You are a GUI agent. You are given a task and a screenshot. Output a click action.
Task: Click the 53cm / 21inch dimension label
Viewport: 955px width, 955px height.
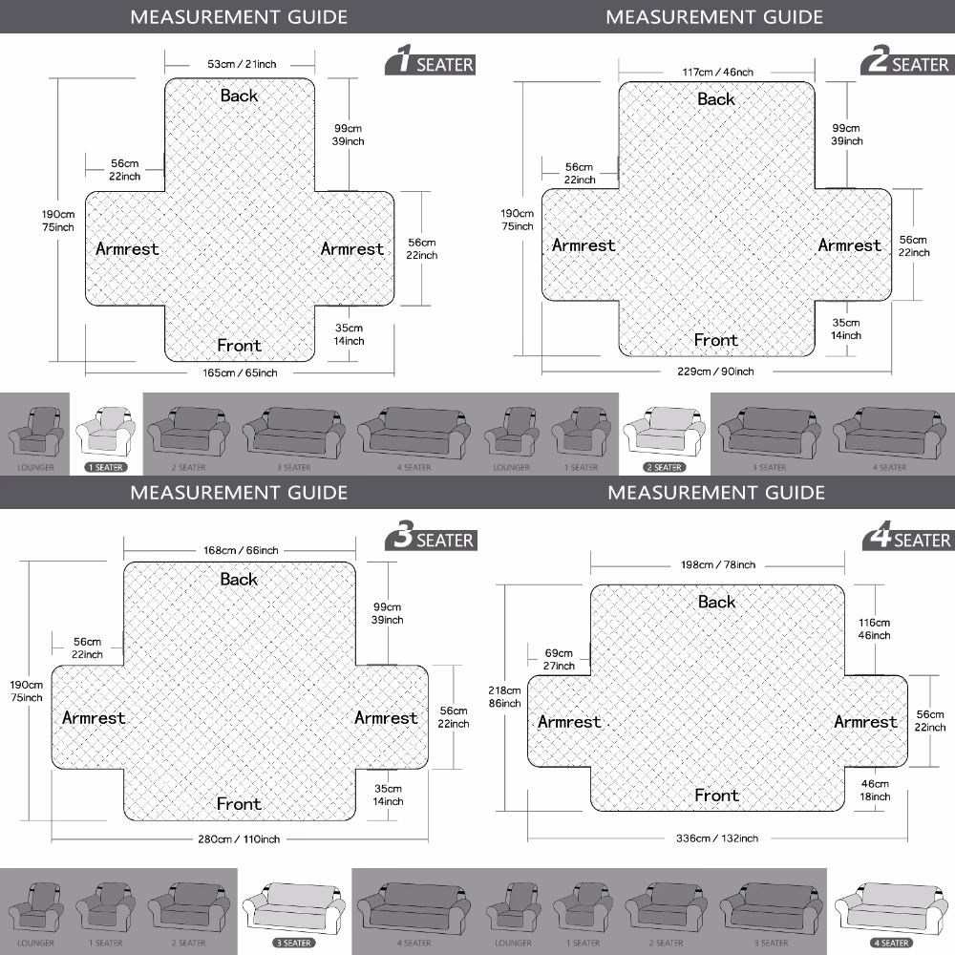pos(242,64)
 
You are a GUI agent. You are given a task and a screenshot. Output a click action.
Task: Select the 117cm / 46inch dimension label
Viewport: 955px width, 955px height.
pos(717,72)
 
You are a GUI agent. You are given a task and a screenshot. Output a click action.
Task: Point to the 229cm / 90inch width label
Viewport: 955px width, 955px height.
pos(717,371)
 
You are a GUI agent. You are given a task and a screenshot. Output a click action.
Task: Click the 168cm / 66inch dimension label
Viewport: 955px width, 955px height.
pos(241,550)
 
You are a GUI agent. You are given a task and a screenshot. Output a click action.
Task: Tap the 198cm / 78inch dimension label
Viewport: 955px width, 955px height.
pos(719,564)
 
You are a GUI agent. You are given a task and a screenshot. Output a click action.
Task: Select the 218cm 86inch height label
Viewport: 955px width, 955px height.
pos(505,696)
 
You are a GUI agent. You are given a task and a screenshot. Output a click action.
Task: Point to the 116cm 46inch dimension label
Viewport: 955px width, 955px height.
pos(875,628)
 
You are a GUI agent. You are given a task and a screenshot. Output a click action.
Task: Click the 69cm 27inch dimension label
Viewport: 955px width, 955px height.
pos(559,659)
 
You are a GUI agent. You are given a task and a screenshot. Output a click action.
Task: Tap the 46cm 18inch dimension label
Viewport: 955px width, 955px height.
pos(875,790)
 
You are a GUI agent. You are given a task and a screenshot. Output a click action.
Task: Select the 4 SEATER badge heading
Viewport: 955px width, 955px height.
pos(907,540)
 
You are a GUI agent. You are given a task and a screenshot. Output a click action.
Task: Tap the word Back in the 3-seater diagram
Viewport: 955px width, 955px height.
pos(239,579)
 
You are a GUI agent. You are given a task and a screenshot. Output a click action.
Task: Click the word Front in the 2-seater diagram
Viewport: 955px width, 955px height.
pos(715,340)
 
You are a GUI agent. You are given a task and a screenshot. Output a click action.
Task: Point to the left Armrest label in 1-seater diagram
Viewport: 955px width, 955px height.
pos(127,248)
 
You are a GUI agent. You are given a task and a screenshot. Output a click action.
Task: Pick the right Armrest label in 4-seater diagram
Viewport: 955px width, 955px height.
pos(865,722)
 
